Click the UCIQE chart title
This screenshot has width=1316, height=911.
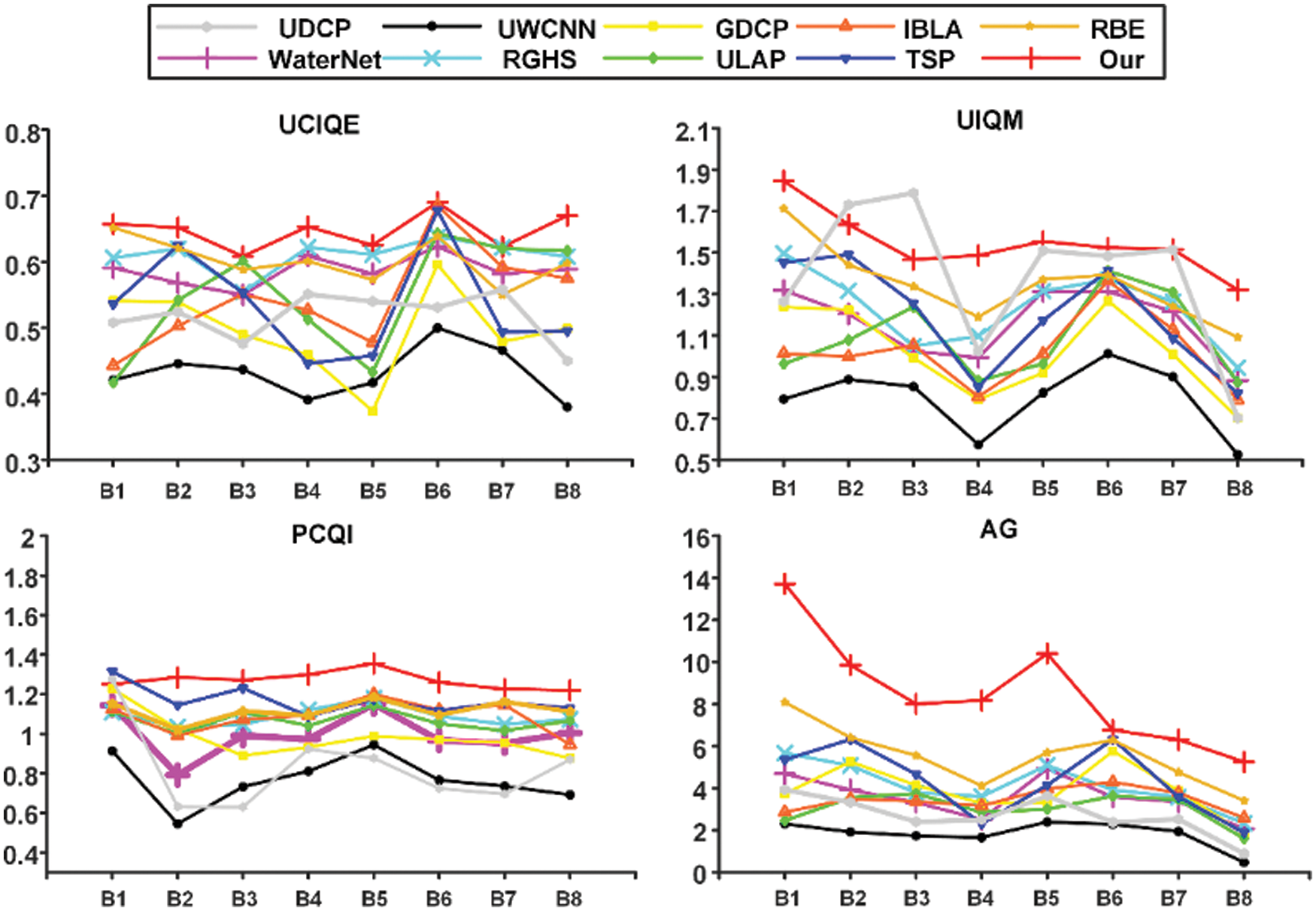319,125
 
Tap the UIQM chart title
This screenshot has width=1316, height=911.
990,120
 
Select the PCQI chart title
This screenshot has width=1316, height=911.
322,535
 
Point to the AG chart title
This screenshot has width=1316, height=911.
999,530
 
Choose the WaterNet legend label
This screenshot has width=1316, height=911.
324,59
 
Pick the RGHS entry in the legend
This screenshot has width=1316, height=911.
539,59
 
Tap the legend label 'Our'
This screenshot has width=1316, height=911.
1120,59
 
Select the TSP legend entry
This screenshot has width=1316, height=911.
930,59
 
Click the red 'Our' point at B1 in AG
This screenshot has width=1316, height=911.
786,585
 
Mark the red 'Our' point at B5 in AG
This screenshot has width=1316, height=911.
1045,654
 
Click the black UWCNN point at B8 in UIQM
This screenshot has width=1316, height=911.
1238,454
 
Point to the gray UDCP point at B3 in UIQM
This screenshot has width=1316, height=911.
914,193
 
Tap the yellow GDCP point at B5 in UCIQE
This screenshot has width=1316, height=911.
372,411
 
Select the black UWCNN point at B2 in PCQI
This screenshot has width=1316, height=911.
177,824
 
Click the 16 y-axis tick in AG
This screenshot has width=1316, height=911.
696,539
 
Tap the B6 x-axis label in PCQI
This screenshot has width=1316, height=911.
438,898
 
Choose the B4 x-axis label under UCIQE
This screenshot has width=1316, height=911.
308,491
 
